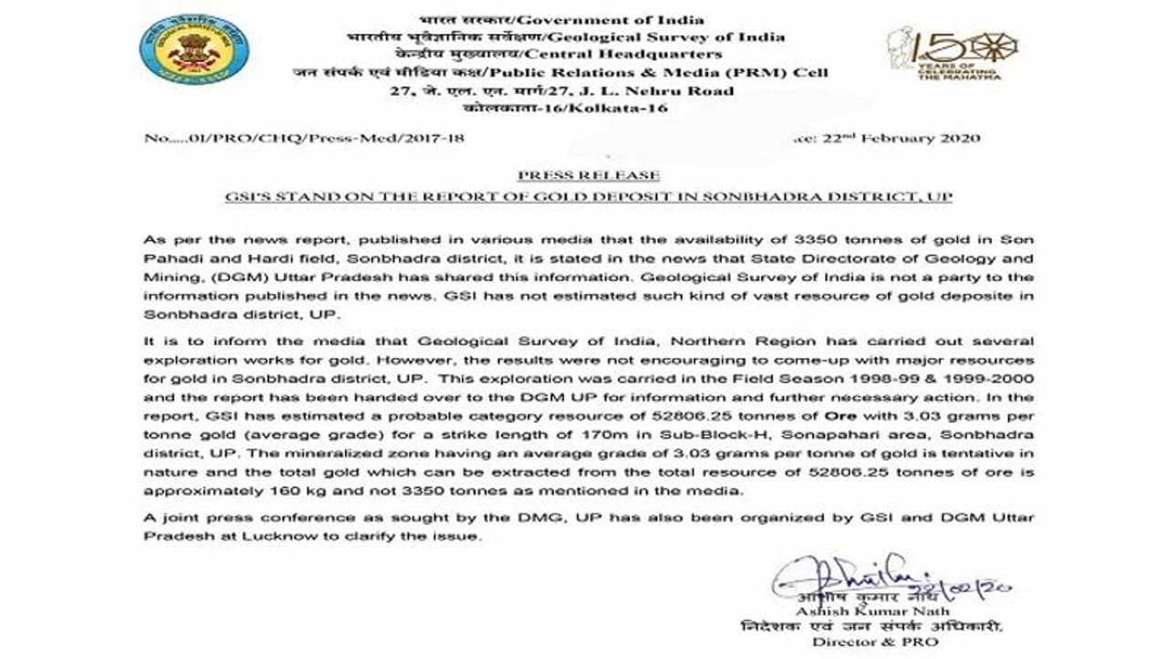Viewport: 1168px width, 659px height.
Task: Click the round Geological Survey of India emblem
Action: (x=194, y=49)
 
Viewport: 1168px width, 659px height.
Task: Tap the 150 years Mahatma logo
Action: (x=951, y=53)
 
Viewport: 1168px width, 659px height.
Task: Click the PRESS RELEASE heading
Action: (x=588, y=175)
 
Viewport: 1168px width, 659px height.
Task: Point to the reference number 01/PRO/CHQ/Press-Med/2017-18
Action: (x=305, y=139)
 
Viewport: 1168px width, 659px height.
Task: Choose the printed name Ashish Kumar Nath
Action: (x=873, y=611)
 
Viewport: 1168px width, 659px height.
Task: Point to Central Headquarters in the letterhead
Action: (x=662, y=55)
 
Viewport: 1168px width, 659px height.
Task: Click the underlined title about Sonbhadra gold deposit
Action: (x=589, y=197)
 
